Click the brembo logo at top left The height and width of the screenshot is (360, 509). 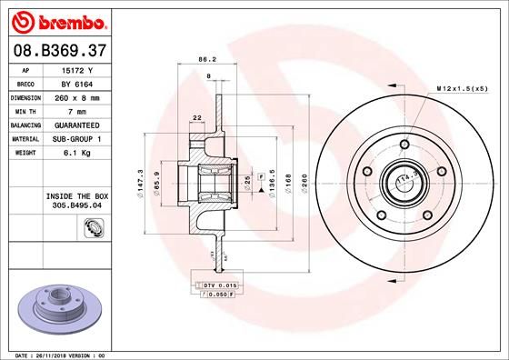[x=58, y=20]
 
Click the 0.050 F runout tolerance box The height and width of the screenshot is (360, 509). [x=218, y=295]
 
